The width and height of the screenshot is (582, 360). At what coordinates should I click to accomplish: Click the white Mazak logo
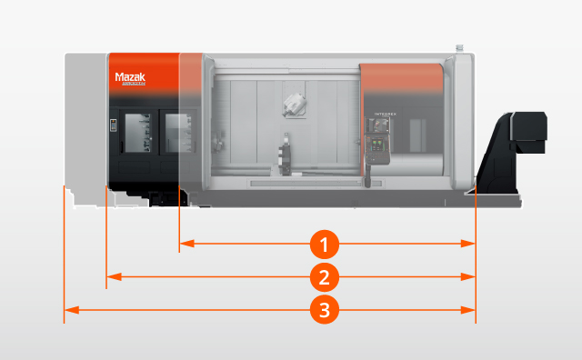click(x=131, y=79)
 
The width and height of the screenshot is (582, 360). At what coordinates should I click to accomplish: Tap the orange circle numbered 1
click(x=325, y=244)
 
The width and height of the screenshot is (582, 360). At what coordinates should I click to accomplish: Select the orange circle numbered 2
click(x=325, y=276)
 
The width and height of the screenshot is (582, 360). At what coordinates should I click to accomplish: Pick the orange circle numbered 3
click(x=325, y=310)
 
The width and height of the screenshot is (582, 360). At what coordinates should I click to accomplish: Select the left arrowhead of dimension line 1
click(x=185, y=244)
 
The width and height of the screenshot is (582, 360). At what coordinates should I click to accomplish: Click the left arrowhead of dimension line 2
click(x=112, y=276)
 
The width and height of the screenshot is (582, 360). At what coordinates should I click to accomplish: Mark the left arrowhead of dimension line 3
click(x=68, y=310)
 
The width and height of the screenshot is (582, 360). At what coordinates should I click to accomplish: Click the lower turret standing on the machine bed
click(x=286, y=155)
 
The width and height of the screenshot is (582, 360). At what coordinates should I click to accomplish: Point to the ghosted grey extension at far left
click(x=85, y=127)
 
